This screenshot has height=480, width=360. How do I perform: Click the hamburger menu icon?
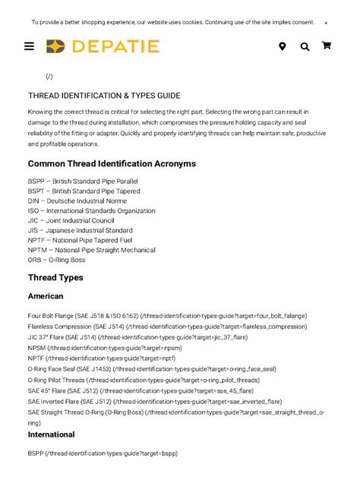tap(29, 46)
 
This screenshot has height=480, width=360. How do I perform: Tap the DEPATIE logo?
tap(103, 46)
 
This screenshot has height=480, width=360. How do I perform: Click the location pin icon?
tap(282, 46)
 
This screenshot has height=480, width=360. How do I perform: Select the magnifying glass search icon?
tap(305, 46)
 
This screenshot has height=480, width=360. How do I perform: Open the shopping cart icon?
tap(327, 46)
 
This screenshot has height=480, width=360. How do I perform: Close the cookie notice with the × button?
tap(326, 23)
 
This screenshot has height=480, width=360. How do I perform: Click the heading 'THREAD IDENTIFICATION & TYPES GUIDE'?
tap(104, 96)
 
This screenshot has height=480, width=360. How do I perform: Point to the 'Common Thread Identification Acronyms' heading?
tap(112, 163)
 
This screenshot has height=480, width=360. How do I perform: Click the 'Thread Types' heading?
tap(55, 277)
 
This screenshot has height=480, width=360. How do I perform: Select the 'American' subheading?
tap(46, 296)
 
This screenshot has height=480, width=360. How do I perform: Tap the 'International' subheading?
tap(51, 434)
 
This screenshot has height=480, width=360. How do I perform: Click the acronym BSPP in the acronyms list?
tap(36, 182)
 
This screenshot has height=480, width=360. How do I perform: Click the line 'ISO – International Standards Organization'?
tap(91, 211)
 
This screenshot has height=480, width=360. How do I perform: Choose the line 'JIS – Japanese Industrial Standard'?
tap(80, 230)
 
